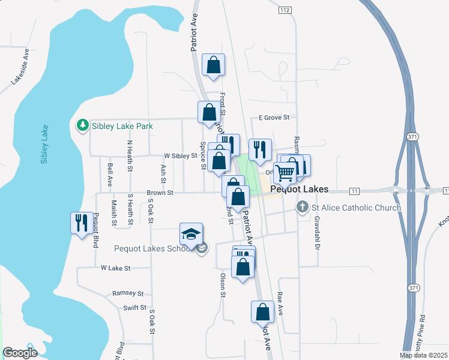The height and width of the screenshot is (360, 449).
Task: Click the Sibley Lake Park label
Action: pos(122,126)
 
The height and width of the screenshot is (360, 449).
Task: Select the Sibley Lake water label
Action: pos(44,145)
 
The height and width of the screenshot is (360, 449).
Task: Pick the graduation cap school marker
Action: pos(191,234)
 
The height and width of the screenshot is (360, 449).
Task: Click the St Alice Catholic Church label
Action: pos(356,208)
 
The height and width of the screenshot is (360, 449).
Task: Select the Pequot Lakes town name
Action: pos(300,189)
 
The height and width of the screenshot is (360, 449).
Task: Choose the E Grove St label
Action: pos(274,118)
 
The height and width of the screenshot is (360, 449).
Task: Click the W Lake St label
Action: pos(116,268)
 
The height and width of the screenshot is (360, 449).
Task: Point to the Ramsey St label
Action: pos(128,294)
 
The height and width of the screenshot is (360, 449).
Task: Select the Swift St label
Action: pos(134,308)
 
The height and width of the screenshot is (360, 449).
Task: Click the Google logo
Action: pos(20,353)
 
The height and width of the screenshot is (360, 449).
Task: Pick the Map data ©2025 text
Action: pos(424,355)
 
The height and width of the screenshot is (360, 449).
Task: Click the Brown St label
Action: pos(160,193)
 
